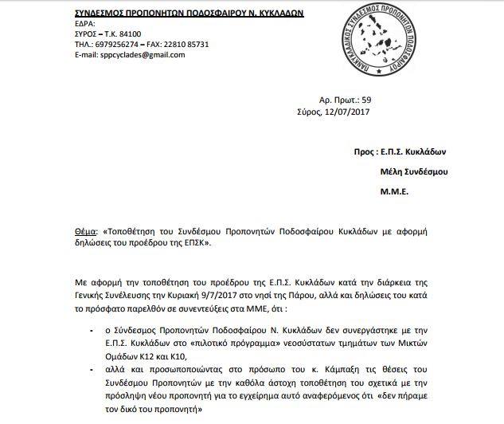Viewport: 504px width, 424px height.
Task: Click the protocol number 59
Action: pos(366,100)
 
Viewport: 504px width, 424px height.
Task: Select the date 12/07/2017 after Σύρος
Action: pos(348,113)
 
